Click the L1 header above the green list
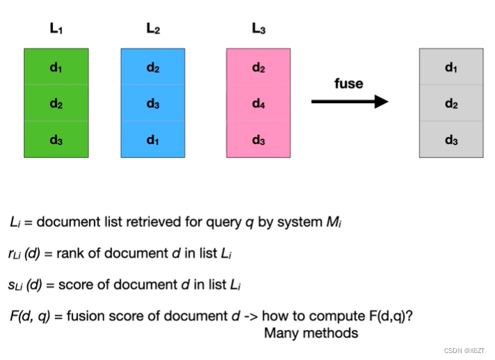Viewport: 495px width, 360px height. coord(56,29)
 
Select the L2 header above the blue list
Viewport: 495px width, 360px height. coord(152,29)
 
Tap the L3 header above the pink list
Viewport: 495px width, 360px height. coord(258,29)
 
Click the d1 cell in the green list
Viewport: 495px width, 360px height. coord(56,67)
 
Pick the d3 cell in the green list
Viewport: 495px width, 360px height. coord(56,139)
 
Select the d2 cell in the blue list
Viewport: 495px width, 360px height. coord(152,67)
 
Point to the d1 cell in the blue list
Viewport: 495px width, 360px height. coord(152,139)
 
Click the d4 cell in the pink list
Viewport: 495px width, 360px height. coord(258,103)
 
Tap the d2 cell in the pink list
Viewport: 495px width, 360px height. coord(258,67)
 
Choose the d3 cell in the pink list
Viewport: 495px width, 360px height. coord(258,139)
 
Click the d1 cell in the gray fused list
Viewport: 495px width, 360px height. coord(451,67)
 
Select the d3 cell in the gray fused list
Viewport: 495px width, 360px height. coord(451,139)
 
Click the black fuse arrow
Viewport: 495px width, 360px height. coord(349,102)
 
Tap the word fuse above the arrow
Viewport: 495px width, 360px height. coord(349,84)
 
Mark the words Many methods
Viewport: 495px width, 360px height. coord(311,333)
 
